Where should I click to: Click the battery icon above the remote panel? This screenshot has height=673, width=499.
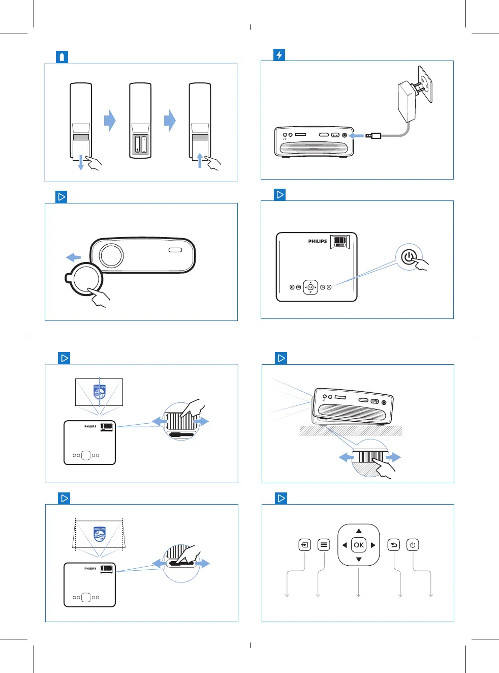tap(62, 57)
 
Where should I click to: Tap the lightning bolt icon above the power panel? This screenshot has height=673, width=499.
tap(279, 55)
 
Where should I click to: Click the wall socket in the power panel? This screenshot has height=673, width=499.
tap(425, 84)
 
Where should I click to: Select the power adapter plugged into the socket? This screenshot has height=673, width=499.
tap(408, 101)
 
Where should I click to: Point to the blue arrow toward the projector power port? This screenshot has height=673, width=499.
tap(357, 135)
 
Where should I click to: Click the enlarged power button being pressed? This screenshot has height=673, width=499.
tap(409, 257)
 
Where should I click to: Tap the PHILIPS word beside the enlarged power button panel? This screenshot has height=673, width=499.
tap(317, 241)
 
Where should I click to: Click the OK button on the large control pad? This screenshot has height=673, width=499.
tap(359, 545)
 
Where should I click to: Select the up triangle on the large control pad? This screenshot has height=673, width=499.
tap(359, 531)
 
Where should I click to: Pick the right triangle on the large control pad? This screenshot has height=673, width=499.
tap(373, 545)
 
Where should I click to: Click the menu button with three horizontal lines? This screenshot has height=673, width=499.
tap(324, 545)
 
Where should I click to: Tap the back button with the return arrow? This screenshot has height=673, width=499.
tap(394, 545)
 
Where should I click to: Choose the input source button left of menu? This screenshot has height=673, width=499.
tap(304, 545)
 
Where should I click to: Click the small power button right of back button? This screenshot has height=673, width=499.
tap(413, 545)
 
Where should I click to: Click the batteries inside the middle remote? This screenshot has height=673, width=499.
tap(140, 145)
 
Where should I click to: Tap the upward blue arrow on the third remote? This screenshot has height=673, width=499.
tap(200, 160)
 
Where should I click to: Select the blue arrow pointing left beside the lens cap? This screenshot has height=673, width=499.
tap(74, 257)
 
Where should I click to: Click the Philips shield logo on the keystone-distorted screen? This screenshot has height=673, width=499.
tap(100, 534)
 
